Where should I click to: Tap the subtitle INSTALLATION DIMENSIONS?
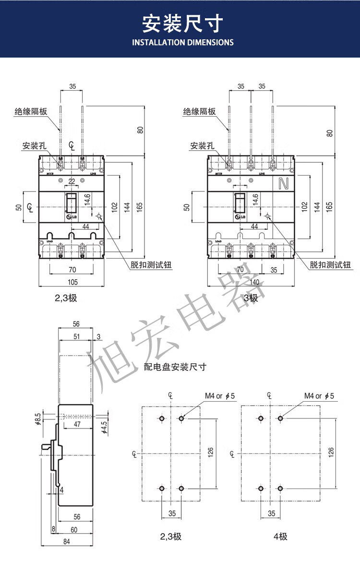pyautogui.click(x=182, y=42)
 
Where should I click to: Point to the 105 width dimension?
pyautogui.click(x=72, y=282)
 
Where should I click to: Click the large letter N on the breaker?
pyautogui.click(x=283, y=183)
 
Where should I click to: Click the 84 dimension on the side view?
pyautogui.click(x=66, y=542)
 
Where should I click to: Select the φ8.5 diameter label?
pyautogui.click(x=37, y=418)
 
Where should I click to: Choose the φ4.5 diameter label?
pyautogui.click(x=104, y=425)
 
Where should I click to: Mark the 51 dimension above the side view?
pyautogui.click(x=76, y=336)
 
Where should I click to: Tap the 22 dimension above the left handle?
pyautogui.click(x=72, y=181)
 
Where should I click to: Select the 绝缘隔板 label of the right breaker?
pyautogui.click(x=199, y=112)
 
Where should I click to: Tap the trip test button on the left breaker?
pyautogui.click(x=98, y=216)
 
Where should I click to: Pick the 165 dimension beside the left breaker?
pyautogui.click(x=140, y=207)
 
